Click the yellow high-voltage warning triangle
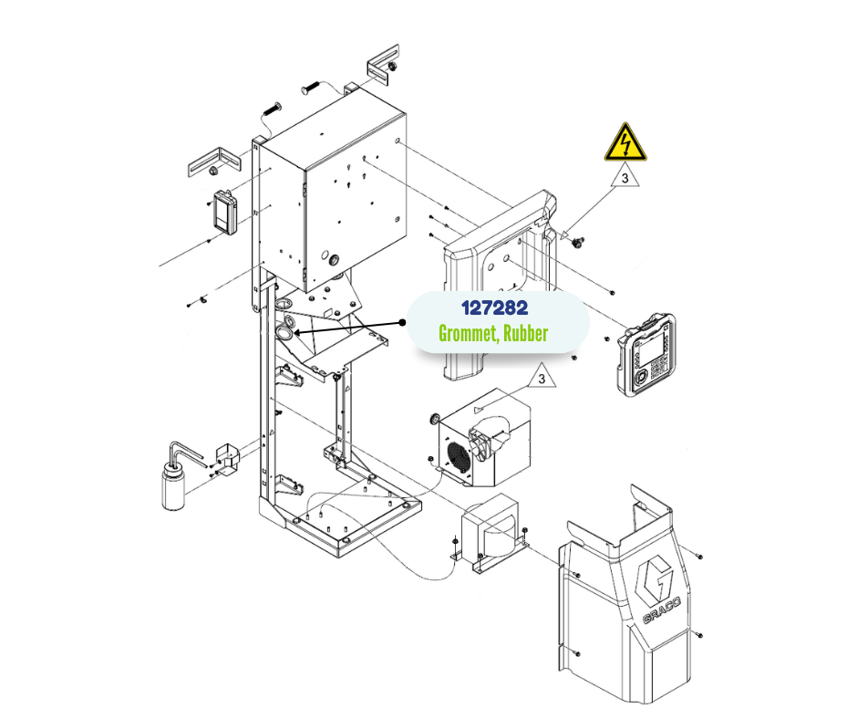625,143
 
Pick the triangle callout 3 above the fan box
542,376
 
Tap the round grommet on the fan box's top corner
436,419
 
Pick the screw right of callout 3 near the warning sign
578,241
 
